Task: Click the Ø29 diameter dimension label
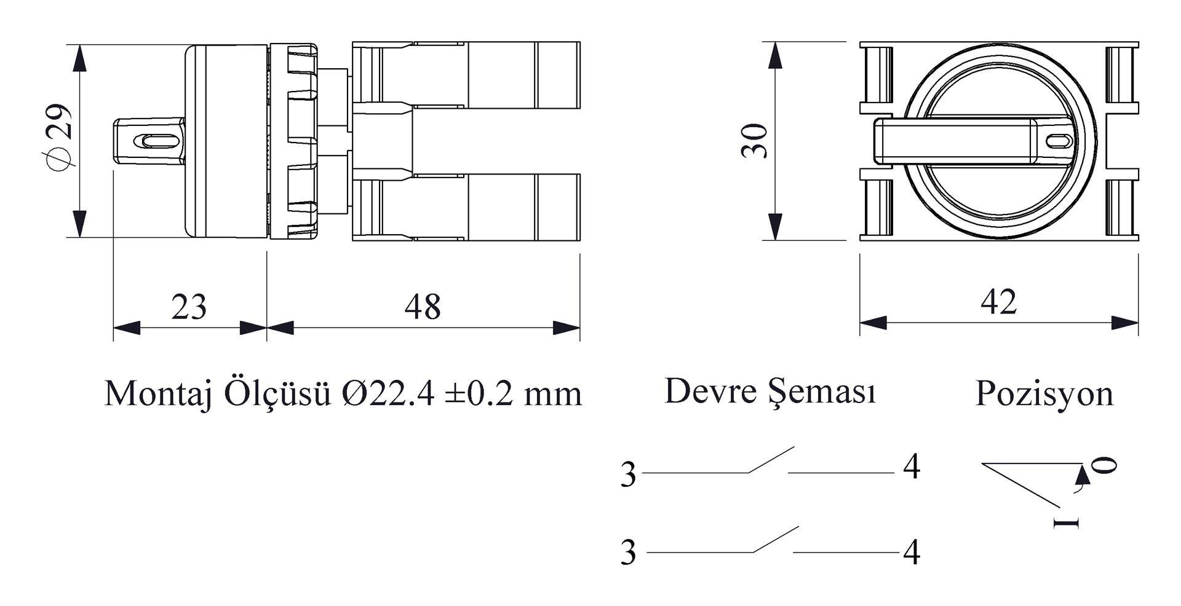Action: point(60,136)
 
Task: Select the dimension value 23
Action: point(189,307)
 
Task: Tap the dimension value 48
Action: point(423,307)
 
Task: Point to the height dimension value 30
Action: point(755,141)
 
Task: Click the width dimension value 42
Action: point(998,302)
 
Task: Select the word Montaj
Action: point(158,394)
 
